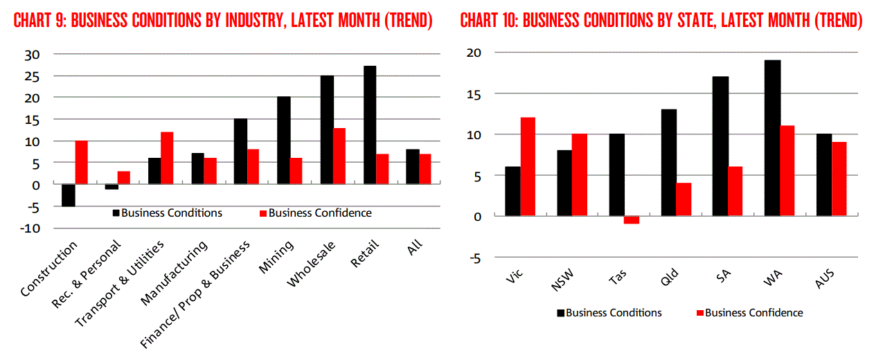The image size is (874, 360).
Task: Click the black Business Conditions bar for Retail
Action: (x=370, y=125)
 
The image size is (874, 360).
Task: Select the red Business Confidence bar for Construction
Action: (x=82, y=162)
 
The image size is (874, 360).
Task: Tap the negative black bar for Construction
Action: (x=69, y=195)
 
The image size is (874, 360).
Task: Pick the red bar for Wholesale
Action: (x=339, y=156)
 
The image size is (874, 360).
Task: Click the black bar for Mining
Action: (x=284, y=140)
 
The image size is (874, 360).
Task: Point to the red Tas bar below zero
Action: (x=632, y=220)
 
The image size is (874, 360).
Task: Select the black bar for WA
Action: (x=773, y=138)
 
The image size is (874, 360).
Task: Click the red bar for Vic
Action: (x=528, y=167)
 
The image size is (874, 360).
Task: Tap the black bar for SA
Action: (x=720, y=146)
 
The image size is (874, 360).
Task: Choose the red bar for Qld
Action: (x=684, y=199)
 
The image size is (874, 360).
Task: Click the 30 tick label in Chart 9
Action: (x=32, y=55)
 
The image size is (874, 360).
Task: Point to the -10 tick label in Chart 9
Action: (x=30, y=228)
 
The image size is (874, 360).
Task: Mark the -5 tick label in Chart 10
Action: (x=475, y=258)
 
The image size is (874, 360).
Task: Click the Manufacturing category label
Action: (x=174, y=273)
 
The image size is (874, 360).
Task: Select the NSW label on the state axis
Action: (x=562, y=280)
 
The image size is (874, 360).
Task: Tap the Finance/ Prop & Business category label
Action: (x=195, y=294)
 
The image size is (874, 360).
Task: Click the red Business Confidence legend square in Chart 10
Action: (x=700, y=313)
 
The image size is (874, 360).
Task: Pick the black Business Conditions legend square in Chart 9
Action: (x=116, y=213)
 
